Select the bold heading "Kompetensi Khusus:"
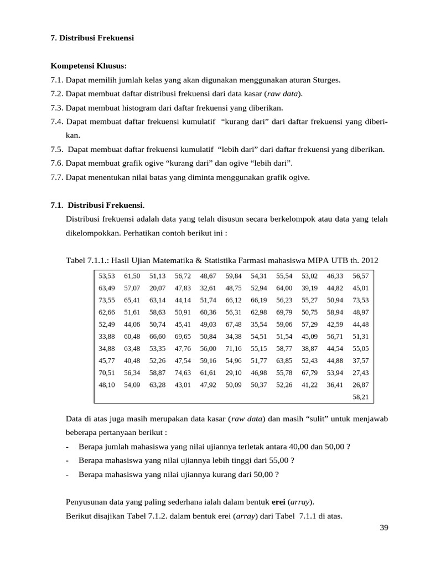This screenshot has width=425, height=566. coord(89,66)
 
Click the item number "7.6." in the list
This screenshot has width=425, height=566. coord(57,163)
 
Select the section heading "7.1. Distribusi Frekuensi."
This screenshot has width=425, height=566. coord(97,205)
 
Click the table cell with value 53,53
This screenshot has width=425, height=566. coord(107,276)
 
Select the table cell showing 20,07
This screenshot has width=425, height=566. coord(157,288)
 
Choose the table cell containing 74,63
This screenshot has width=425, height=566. coord(183,373)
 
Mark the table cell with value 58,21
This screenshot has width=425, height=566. coord(360,397)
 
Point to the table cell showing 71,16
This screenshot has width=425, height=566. coord(234,348)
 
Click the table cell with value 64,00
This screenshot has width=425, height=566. coord(284,288)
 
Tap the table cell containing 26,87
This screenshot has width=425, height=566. coord(360,385)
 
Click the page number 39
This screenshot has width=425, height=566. coord(384,528)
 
